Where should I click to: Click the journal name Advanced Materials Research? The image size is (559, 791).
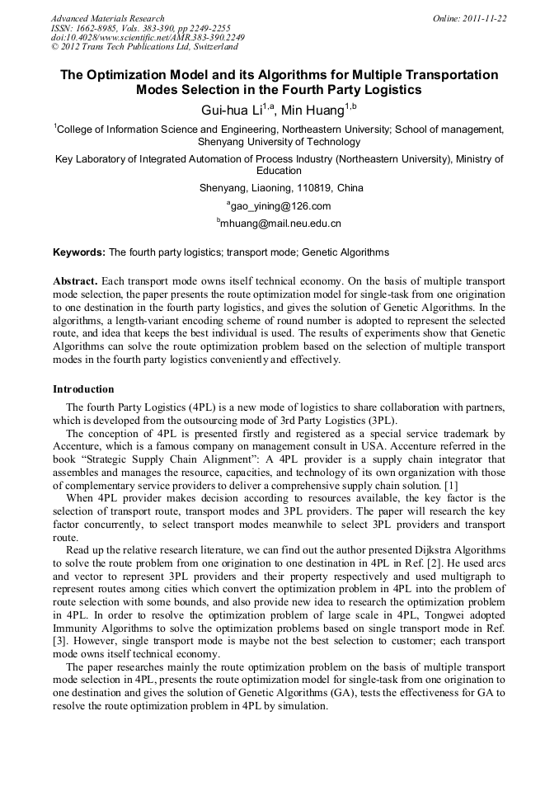(x=108, y=18)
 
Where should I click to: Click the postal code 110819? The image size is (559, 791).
(x=320, y=188)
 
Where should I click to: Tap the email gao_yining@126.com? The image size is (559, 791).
(x=280, y=206)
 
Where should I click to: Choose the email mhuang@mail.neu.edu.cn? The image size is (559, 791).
(x=280, y=224)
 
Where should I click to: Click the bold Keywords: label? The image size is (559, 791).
(x=79, y=252)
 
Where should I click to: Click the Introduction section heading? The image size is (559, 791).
(x=83, y=388)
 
